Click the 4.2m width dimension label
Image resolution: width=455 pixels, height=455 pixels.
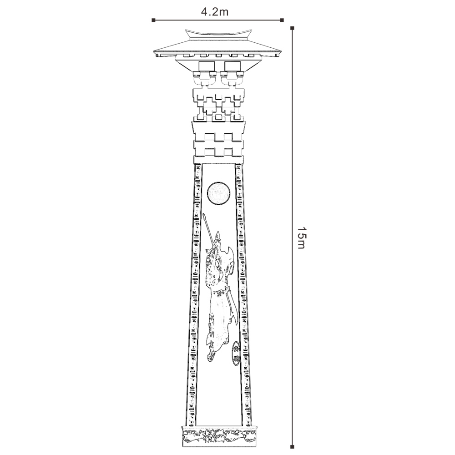click(x=215, y=12)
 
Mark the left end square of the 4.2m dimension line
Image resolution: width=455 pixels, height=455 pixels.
click(x=154, y=20)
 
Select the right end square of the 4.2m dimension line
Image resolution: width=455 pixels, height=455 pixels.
click(x=283, y=20)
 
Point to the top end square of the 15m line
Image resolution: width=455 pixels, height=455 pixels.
click(x=292, y=28)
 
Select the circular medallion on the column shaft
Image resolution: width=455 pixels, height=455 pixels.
click(x=217, y=193)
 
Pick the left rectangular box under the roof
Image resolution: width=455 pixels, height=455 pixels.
click(x=207, y=66)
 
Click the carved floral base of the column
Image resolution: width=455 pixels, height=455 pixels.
click(x=219, y=435)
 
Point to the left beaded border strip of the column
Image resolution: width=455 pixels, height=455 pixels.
click(x=195, y=296)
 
